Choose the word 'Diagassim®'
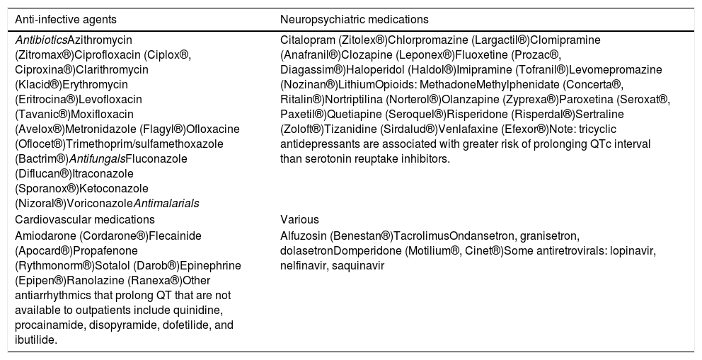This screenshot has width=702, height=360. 311,69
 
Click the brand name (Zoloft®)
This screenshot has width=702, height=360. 302,129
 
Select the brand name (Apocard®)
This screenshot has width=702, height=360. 43,250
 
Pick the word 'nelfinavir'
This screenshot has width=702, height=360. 303,265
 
